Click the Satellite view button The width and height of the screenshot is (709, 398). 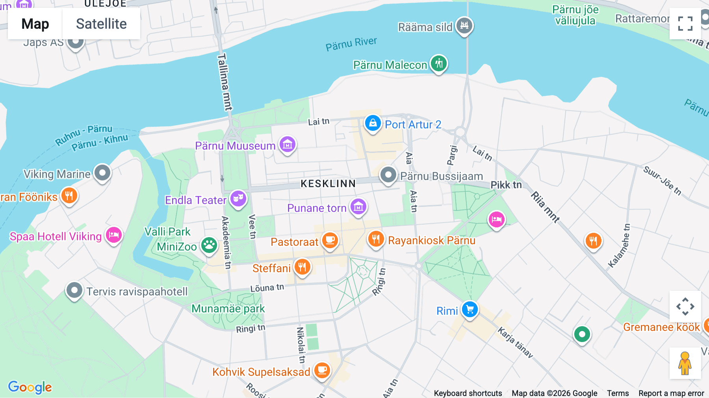(101, 24)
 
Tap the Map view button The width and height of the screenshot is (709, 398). (35, 24)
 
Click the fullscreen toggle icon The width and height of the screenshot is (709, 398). (685, 24)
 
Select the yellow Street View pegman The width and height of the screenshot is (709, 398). (685, 363)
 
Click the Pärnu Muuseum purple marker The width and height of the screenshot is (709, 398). (288, 145)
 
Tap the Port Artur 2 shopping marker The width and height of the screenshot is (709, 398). (373, 124)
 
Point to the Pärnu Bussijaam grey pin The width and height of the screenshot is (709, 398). (388, 175)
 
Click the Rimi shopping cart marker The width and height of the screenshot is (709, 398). (470, 310)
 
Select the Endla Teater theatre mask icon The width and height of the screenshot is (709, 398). (238, 199)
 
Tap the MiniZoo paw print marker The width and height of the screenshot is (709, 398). (209, 245)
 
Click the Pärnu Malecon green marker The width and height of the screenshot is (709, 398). (439, 63)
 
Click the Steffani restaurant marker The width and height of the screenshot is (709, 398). (302, 267)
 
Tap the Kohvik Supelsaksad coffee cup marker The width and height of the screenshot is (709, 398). (322, 370)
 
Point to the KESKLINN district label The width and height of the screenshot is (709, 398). (328, 184)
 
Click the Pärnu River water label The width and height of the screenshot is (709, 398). (351, 44)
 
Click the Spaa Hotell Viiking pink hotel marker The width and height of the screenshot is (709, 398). (114, 235)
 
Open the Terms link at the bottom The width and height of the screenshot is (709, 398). (618, 393)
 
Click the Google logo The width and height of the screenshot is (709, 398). (30, 387)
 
